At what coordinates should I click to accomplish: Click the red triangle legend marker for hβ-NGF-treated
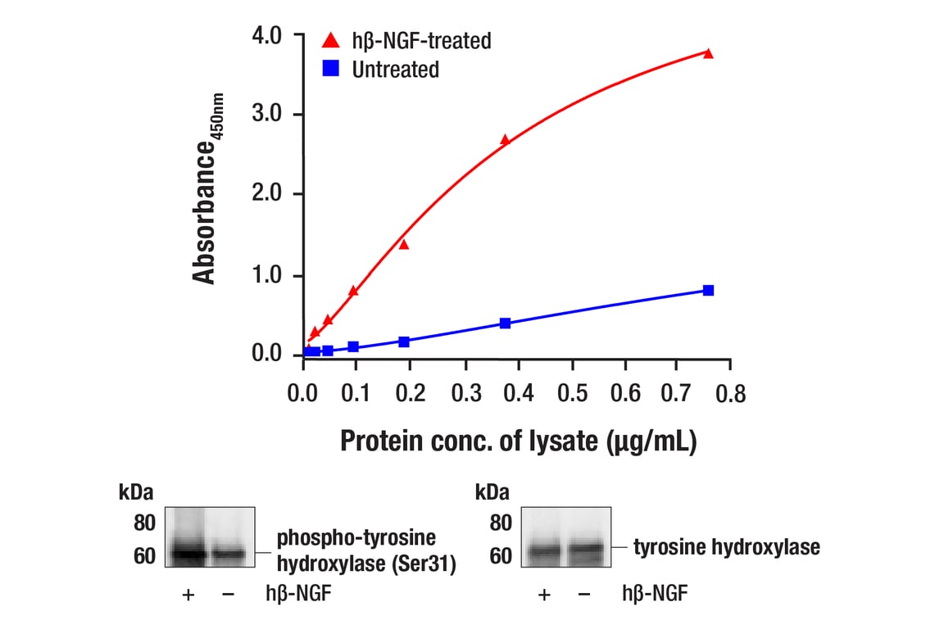331,39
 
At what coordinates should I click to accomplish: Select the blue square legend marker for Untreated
331,70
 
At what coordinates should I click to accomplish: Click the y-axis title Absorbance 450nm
207,188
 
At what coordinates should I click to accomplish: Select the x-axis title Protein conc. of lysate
518,441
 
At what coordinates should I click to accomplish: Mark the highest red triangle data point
708,53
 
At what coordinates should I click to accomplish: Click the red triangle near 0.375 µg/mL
505,140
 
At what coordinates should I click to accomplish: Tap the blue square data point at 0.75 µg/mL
708,291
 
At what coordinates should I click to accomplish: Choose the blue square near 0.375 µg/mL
505,324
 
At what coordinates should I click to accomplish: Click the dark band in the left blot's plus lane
187,553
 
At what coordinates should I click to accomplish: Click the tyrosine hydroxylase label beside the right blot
726,547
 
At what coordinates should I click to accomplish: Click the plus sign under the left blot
188,595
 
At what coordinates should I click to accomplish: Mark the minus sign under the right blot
583,595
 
